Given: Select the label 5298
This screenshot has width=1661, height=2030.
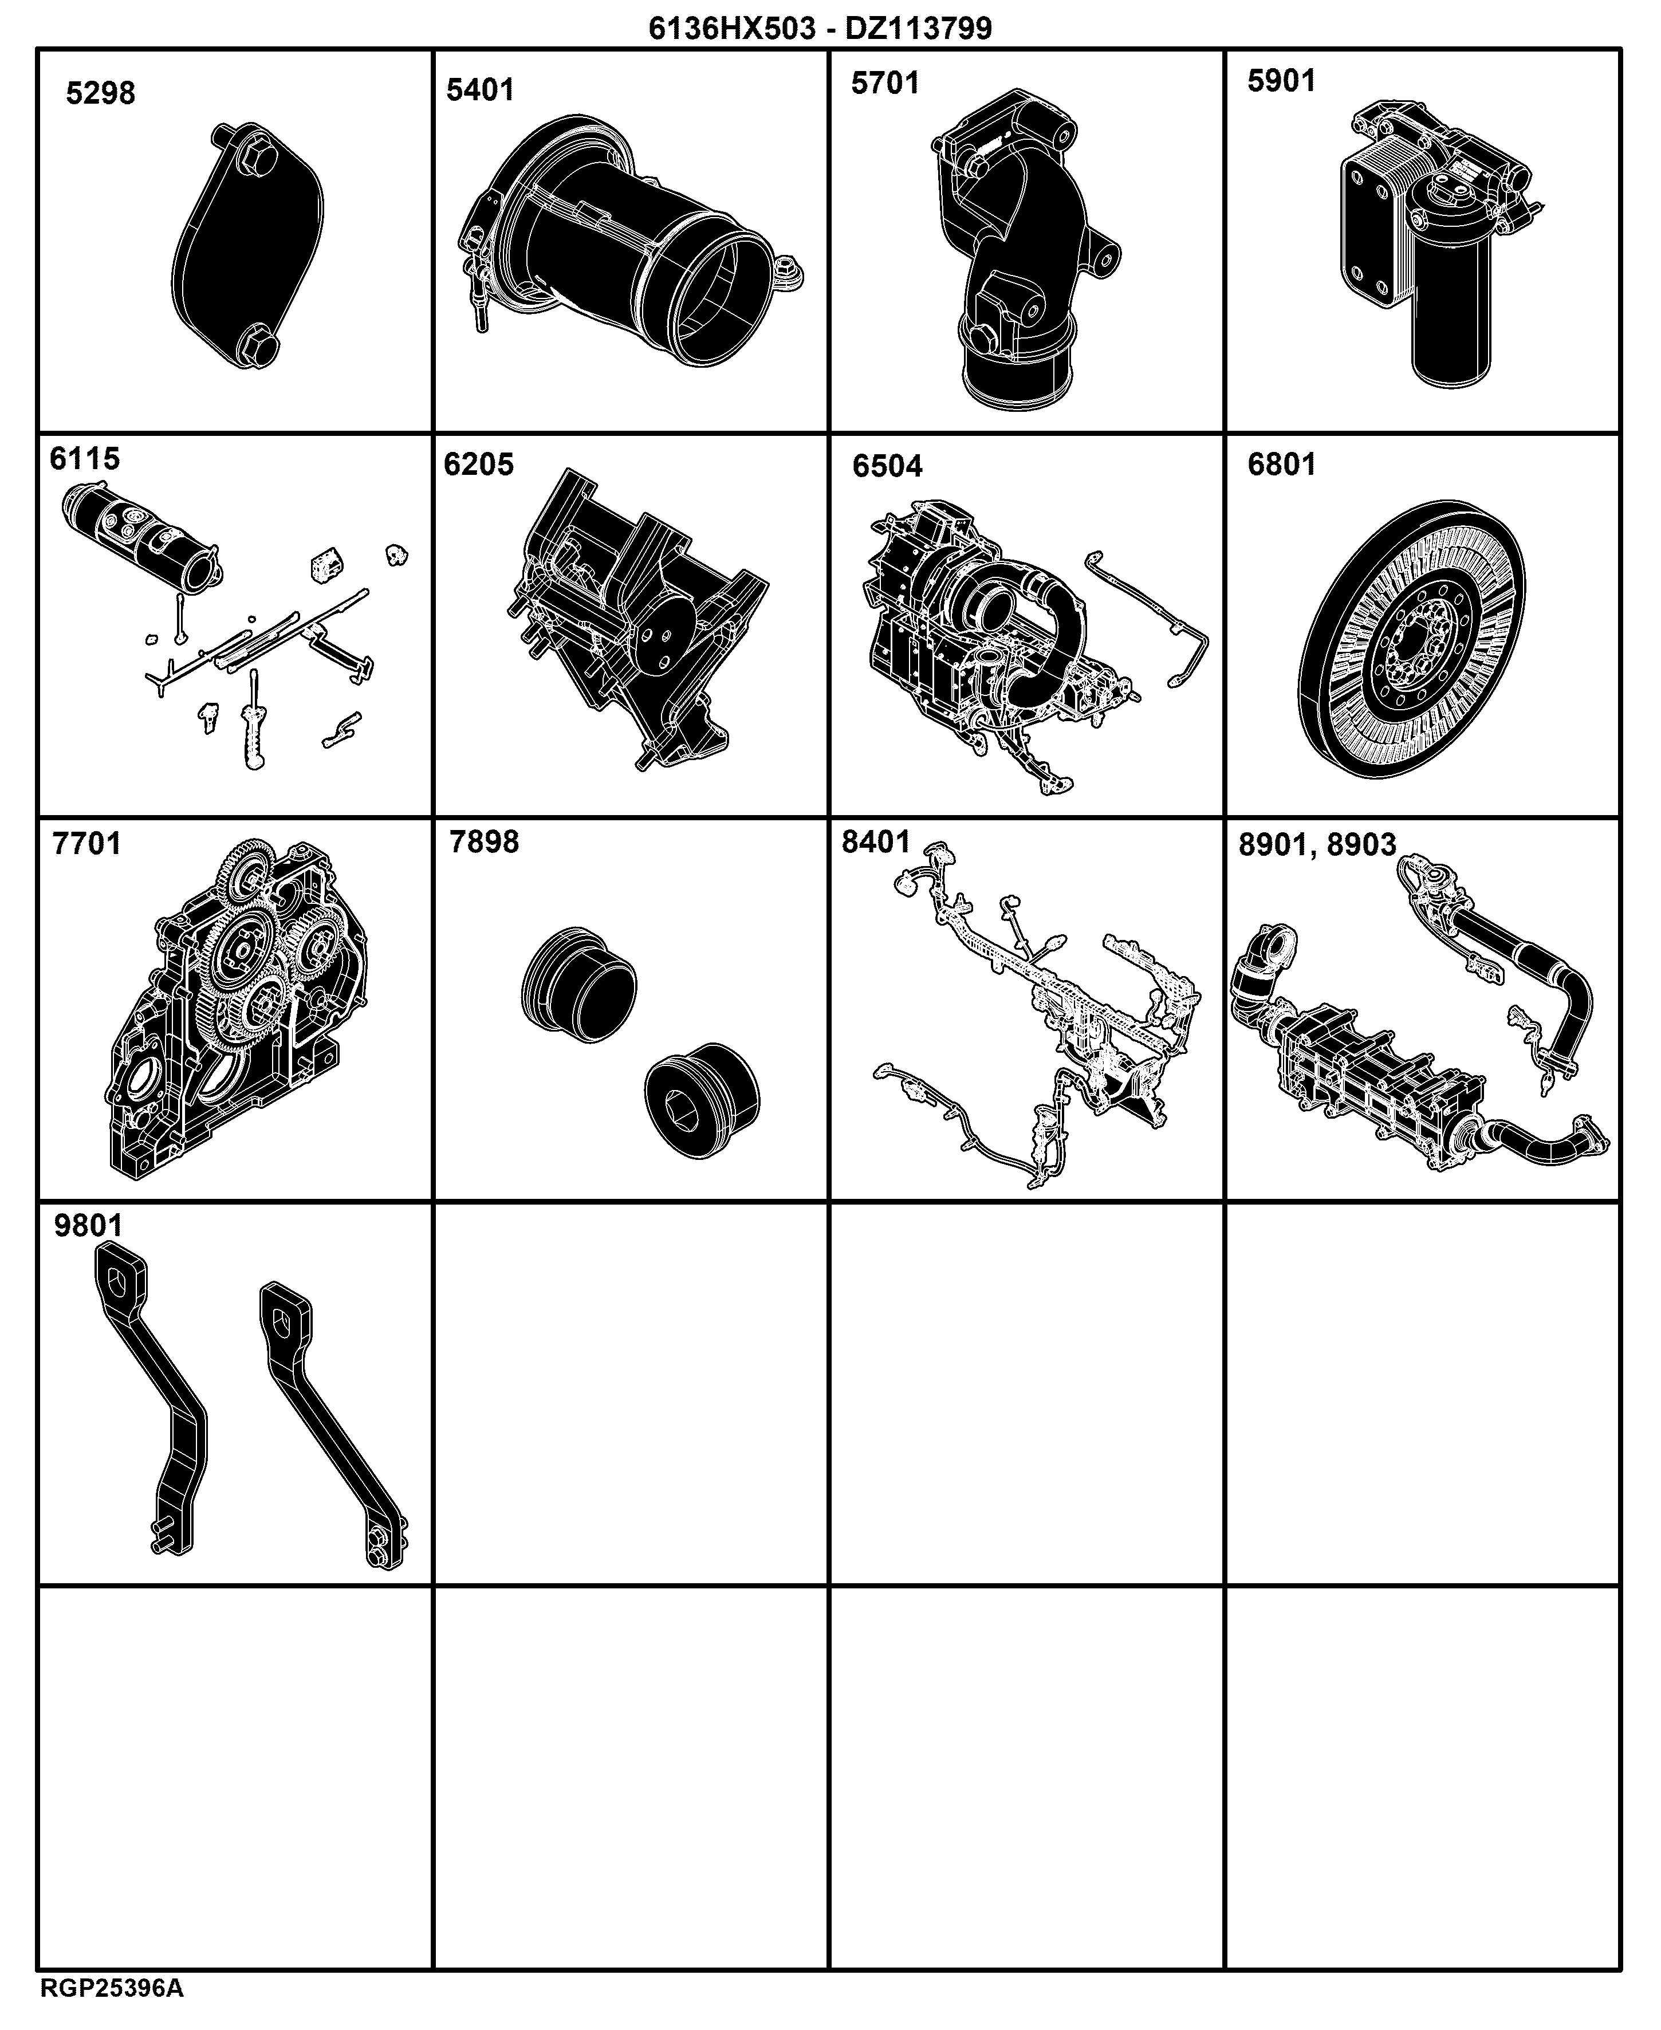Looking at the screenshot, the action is coord(100,94).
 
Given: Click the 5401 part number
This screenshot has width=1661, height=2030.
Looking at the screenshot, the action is coord(481,90).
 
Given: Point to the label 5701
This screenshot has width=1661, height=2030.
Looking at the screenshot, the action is coord(885,83).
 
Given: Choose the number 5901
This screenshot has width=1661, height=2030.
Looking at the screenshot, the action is coord(1281,80).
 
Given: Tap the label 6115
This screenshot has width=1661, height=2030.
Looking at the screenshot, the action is coord(85,458).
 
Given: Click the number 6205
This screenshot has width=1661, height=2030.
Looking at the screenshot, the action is coord(478,464).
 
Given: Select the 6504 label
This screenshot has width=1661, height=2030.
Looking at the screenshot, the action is coord(888,466).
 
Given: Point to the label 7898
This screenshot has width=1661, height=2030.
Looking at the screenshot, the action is coord(484,842).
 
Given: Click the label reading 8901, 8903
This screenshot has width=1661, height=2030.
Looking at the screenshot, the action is coord(1317,845).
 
